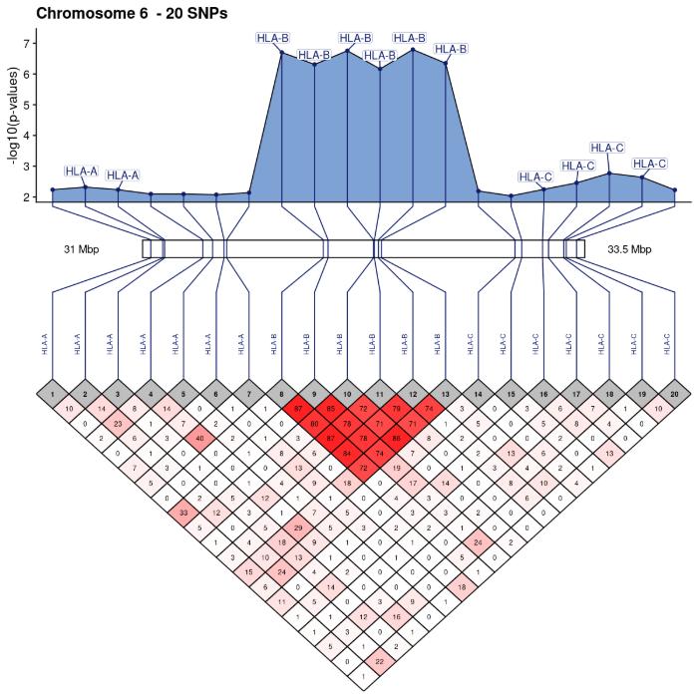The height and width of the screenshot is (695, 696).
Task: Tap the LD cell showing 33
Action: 183,513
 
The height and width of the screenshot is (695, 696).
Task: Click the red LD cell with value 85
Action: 331,409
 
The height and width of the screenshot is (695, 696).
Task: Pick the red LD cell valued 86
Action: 396,441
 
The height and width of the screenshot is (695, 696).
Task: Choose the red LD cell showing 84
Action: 347,457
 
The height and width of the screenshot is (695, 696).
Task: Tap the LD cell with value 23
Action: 119,425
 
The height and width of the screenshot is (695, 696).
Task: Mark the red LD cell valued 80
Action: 314,425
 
